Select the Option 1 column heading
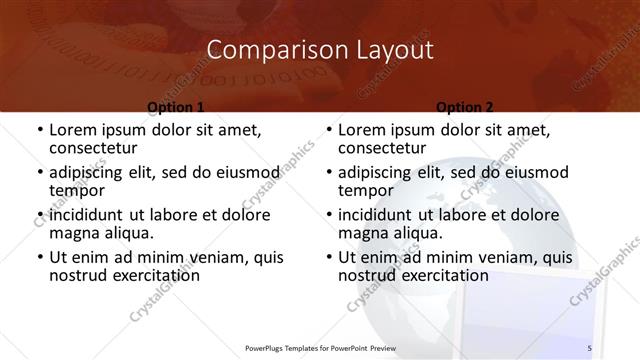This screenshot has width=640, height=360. (176, 106)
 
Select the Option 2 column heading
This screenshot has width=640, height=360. (465, 106)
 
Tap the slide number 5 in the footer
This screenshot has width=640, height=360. (589, 347)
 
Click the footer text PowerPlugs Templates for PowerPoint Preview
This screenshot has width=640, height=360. (315, 347)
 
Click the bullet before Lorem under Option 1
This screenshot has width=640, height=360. (39, 130)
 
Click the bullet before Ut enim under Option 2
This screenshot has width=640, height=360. (328, 257)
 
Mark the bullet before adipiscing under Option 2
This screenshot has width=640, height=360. (328, 172)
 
